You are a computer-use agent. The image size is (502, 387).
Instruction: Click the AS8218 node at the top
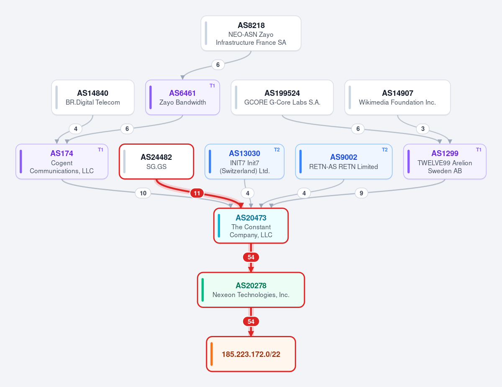pos(251,33)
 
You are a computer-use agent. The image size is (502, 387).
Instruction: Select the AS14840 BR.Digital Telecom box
pos(93,97)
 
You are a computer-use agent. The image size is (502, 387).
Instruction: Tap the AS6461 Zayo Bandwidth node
pos(182,97)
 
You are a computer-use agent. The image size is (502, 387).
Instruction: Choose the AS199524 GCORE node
pos(282,97)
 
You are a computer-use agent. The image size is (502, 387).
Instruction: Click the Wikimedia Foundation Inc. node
pos(397,97)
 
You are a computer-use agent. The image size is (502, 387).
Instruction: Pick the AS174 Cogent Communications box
pos(62,161)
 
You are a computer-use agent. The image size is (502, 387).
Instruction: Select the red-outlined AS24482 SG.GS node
pos(156,161)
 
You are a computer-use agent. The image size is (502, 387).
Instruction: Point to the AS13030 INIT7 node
pos(244,161)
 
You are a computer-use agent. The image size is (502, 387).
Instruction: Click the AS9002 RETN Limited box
pos(344,161)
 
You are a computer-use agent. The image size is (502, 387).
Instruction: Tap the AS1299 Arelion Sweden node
pos(445,161)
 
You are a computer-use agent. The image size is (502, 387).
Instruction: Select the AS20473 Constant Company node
pos(251,226)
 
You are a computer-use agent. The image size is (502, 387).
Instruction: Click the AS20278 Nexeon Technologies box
pos(251,290)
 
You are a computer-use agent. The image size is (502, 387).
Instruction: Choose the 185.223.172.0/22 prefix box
pos(251,354)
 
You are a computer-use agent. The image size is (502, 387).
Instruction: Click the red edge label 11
pos(197,193)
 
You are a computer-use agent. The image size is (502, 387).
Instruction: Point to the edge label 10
pos(143,193)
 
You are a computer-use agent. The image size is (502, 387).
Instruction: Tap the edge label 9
pos(361,193)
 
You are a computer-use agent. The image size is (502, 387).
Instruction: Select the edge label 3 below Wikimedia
pos(423,129)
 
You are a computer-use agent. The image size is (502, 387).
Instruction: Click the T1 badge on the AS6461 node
pos(213,86)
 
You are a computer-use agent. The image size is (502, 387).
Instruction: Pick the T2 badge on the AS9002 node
pos(384,150)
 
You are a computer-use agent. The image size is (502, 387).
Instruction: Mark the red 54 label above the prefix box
pos(251,322)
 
